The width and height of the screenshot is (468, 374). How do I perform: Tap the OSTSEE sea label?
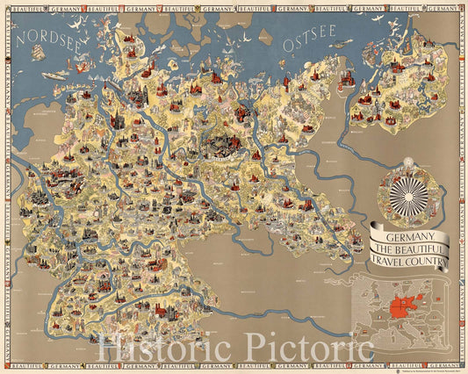point(310,41)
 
